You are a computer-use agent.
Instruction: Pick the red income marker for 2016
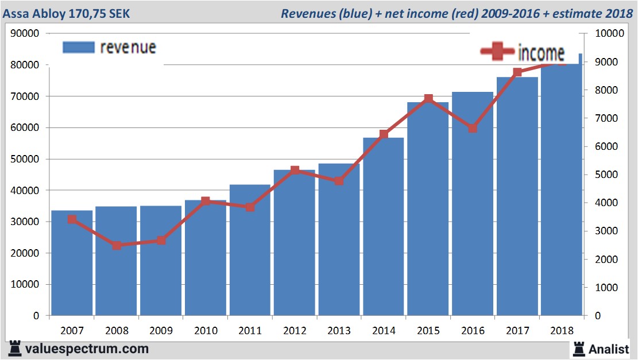472,128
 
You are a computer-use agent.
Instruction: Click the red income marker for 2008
117,245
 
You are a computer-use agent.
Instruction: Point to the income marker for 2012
295,170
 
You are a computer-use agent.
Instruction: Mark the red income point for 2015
428,99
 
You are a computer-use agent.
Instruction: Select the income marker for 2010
206,201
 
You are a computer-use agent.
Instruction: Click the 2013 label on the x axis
339,331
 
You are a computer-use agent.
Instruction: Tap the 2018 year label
561,331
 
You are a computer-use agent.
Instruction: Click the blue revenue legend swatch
78,47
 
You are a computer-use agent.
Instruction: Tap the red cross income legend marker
497,52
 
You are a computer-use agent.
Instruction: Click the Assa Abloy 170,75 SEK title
67,13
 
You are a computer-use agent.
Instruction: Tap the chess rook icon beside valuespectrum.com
15,349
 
